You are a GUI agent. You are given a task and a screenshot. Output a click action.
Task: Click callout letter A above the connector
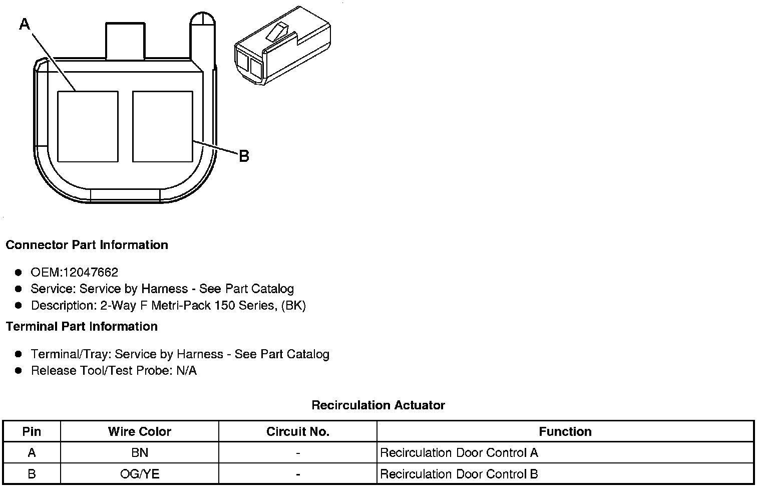click(x=25, y=24)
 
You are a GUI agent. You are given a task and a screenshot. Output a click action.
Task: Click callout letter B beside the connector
click(x=244, y=156)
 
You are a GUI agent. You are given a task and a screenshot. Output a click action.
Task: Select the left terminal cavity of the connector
click(x=88, y=126)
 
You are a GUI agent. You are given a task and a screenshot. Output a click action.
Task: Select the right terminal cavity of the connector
click(x=163, y=126)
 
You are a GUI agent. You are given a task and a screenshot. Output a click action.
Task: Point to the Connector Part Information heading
click(x=87, y=245)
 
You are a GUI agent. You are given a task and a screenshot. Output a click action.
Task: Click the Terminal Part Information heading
click(x=82, y=327)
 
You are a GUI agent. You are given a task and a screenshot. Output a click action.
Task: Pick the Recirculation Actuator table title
click(x=378, y=405)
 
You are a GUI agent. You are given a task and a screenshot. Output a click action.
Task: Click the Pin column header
click(x=32, y=432)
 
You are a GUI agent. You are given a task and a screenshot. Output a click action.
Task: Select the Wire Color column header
click(x=140, y=432)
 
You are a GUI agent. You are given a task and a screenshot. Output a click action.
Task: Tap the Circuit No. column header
click(x=298, y=432)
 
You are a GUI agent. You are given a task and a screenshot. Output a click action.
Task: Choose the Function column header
click(x=565, y=432)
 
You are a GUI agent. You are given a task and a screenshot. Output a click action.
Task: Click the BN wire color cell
click(x=140, y=453)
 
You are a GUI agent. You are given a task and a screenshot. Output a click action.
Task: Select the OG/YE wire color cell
click(x=140, y=474)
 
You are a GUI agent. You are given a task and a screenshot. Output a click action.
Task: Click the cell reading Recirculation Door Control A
click(x=459, y=453)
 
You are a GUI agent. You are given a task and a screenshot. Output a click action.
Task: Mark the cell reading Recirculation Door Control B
click(x=459, y=474)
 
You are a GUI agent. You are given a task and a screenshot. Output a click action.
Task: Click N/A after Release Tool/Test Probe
click(x=186, y=371)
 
